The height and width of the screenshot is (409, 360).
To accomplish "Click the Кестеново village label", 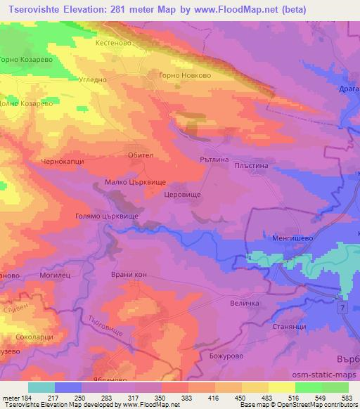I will [x=113, y=42].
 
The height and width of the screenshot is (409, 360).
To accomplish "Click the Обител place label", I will [x=141, y=155].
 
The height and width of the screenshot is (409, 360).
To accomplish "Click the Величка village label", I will [x=245, y=304].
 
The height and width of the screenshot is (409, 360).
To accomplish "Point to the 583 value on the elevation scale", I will [x=347, y=397].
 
